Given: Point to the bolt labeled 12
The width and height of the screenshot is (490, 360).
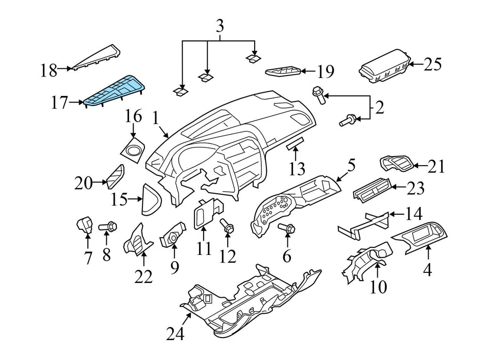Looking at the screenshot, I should [227, 226].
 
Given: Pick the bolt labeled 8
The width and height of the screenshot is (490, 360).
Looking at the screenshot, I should [110, 225].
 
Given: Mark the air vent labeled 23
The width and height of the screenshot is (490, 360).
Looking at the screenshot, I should [371, 193].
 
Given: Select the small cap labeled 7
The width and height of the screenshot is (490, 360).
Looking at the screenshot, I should [84, 224].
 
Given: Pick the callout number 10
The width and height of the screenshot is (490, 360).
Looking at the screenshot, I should [378, 287].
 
